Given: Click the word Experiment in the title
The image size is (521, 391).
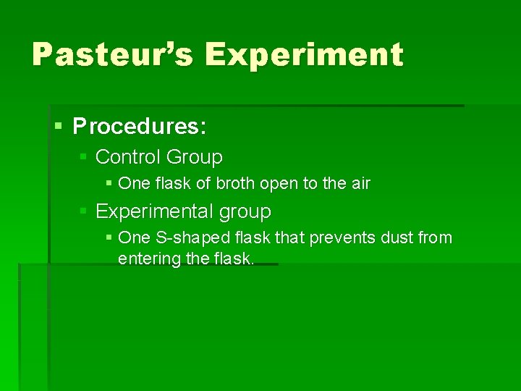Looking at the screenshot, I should tap(303, 55).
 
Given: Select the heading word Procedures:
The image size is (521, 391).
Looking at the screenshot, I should tap(140, 127).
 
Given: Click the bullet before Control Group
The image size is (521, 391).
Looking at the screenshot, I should tap(84, 156).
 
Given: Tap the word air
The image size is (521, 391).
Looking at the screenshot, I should tap(360, 184).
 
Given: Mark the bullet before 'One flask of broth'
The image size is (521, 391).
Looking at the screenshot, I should tap(109, 184).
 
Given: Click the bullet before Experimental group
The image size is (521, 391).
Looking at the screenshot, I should tap(84, 211).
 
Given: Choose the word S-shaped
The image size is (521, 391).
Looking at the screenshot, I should tap(182, 238).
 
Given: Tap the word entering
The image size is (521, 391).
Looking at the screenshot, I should tap(148, 258).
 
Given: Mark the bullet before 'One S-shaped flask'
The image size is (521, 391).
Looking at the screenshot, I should tap(109, 238).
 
